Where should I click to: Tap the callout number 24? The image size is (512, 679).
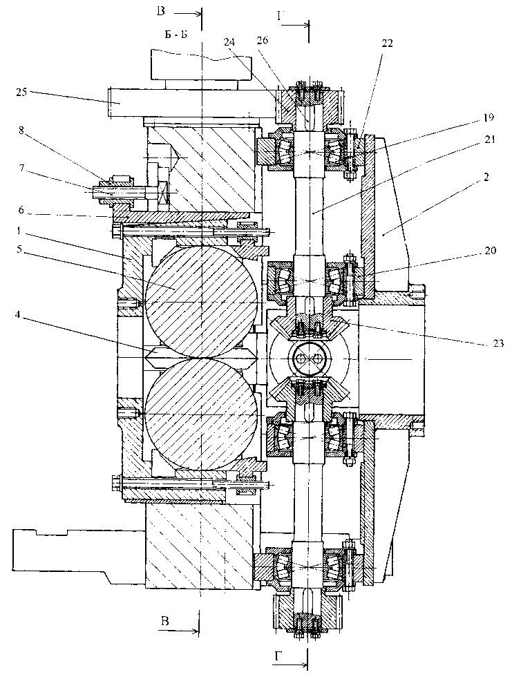[x=229, y=41]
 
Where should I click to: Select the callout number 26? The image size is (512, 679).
[x=262, y=40]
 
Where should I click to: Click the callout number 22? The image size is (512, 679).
[x=387, y=43]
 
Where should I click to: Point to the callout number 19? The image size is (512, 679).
[x=489, y=117]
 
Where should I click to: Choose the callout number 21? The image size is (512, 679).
[x=491, y=140]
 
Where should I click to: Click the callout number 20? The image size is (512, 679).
[x=491, y=251]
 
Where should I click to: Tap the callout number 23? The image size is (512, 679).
[x=498, y=343]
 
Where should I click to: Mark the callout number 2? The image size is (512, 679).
[x=486, y=177]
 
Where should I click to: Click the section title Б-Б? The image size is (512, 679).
[x=176, y=35]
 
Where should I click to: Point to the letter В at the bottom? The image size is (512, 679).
[x=164, y=622]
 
